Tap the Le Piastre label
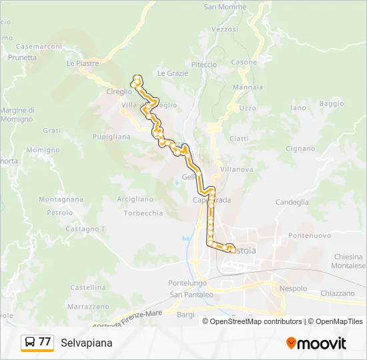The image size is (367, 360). pos(83,64)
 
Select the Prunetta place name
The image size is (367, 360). pos(23,57)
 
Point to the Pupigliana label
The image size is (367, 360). pos(111,136)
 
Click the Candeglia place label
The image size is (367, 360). pos(292,201)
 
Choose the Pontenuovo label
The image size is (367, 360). pos(310,235)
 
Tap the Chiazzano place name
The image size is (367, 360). pos(338,293)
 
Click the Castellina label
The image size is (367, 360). pos(88,287)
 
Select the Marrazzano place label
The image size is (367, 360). pos(88,307)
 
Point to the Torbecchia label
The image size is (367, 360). pos(143,213)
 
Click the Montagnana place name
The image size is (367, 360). pos(61,199)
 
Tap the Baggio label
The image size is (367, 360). pos(332,103)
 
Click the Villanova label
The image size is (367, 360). pos(236,169)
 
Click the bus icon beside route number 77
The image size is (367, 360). pos(30,342)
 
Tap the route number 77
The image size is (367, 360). pos(45,342)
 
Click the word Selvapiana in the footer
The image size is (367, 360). pos(86,343)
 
